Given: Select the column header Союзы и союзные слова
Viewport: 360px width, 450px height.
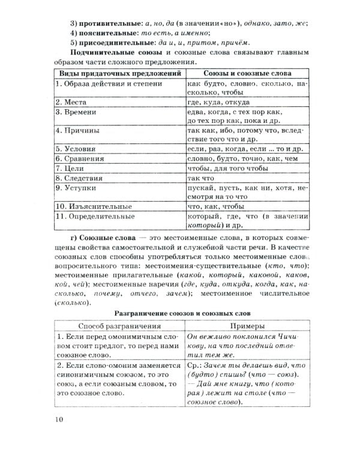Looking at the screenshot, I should click(x=247, y=73).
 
